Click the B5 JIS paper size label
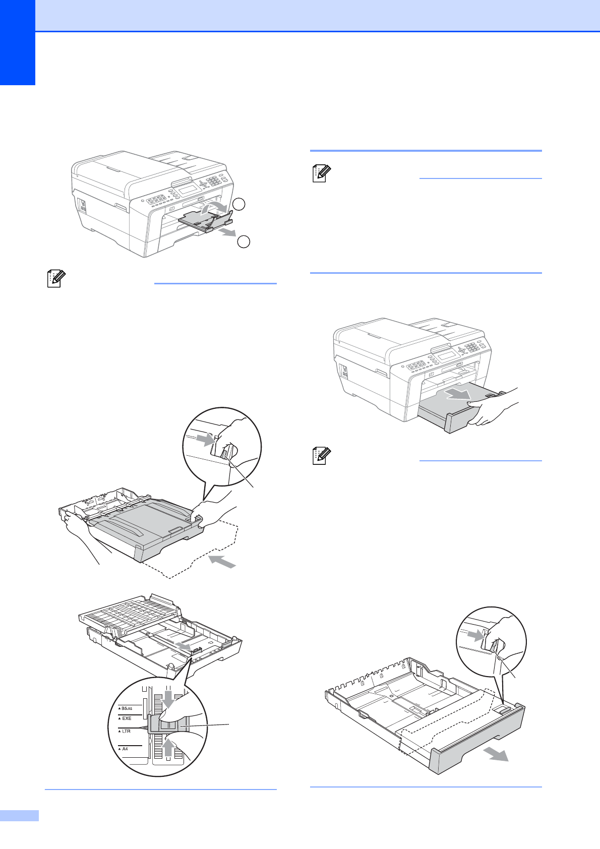tap(127, 708)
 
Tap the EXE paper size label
tap(127, 718)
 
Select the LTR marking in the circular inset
tap(126, 731)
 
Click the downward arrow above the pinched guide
tap(168, 700)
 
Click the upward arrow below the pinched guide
tap(168, 746)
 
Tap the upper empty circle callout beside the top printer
tap(239, 204)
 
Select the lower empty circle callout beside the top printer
tap(244, 241)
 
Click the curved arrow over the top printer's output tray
tap(215, 206)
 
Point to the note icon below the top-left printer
tap(56, 279)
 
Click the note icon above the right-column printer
tap(321, 174)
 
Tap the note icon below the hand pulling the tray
tap(321, 456)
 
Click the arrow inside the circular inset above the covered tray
tap(205, 440)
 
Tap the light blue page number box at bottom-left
tap(19, 815)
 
